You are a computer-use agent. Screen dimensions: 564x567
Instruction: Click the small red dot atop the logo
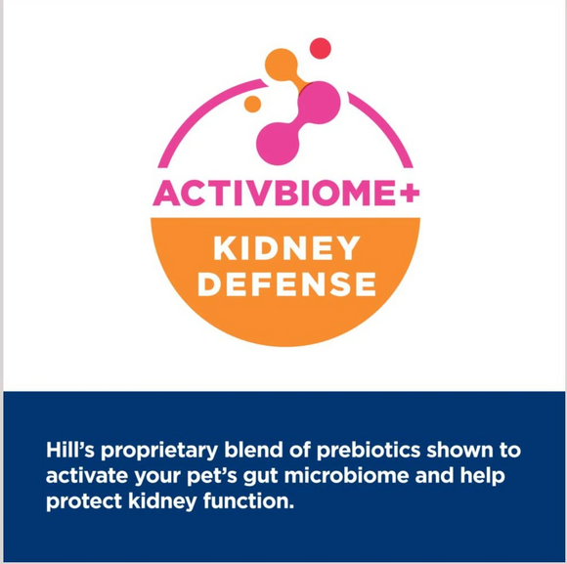[320, 48]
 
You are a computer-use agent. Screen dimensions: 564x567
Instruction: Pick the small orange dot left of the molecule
[252, 104]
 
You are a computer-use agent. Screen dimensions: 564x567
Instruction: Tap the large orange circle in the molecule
[282, 65]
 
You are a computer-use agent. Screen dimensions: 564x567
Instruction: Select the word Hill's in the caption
[69, 452]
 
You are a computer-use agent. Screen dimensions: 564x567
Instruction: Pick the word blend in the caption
[243, 452]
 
